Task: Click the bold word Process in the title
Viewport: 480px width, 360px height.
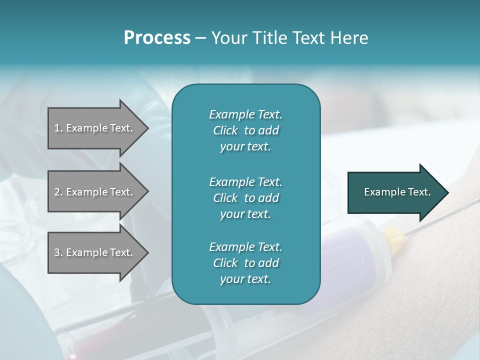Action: pos(157,38)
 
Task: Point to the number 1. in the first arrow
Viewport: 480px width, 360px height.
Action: pos(58,128)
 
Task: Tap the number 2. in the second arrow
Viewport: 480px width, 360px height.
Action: pos(58,192)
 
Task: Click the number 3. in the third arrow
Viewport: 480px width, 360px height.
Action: pos(58,252)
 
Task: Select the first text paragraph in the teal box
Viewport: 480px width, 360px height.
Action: pos(245,130)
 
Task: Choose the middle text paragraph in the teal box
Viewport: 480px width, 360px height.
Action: pos(245,198)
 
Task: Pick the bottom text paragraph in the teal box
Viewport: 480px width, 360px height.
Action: pos(245,263)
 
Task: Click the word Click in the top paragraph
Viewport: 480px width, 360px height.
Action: pos(225,130)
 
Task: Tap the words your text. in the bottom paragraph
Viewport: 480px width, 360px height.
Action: pos(245,279)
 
